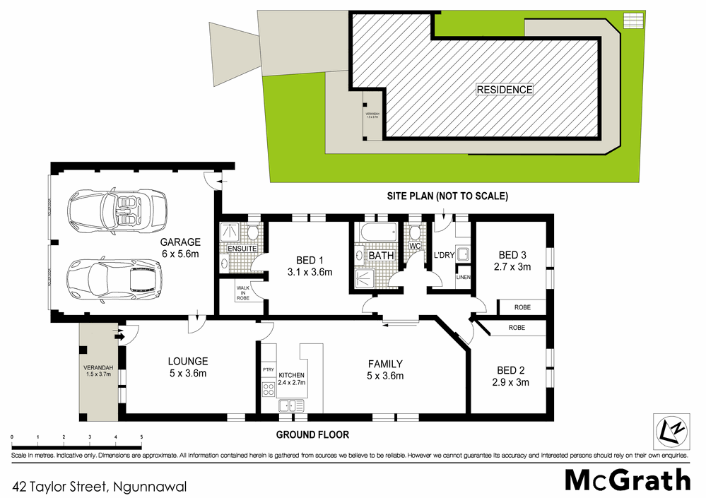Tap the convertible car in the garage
[x=117, y=209]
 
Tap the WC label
[x=415, y=247]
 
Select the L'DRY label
[x=443, y=254]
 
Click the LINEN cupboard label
[x=463, y=277]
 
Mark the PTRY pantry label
[x=268, y=369]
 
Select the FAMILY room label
[x=385, y=364]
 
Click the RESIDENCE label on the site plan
[x=504, y=90]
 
